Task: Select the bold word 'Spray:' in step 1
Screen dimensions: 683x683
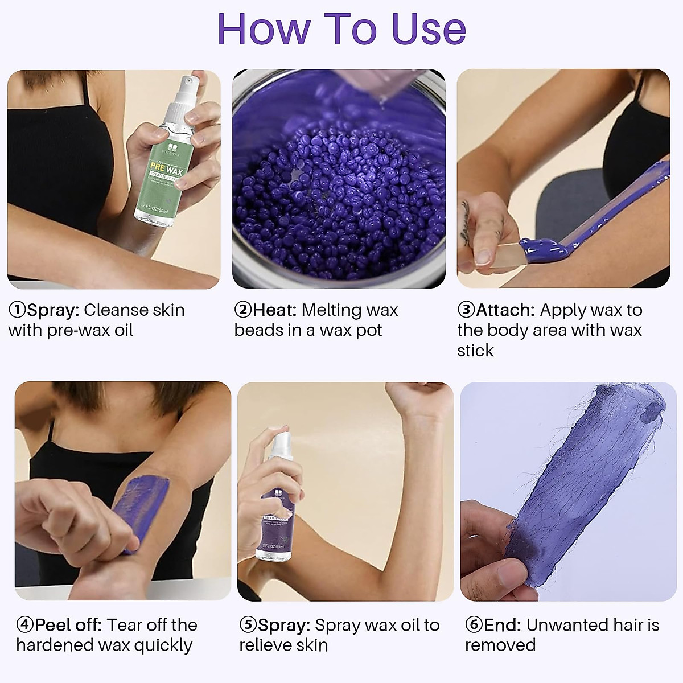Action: coord(53,310)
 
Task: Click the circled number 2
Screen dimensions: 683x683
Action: coord(243,310)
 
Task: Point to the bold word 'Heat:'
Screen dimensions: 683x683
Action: coord(275,310)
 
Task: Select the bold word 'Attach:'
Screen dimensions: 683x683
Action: coord(505,310)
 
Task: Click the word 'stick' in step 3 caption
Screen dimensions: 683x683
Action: coord(475,351)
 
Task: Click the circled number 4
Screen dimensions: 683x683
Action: coord(25,625)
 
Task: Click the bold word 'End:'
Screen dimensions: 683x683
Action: coord(502,625)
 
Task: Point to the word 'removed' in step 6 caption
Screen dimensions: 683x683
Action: coord(500,645)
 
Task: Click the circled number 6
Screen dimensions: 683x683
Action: coord(474,625)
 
